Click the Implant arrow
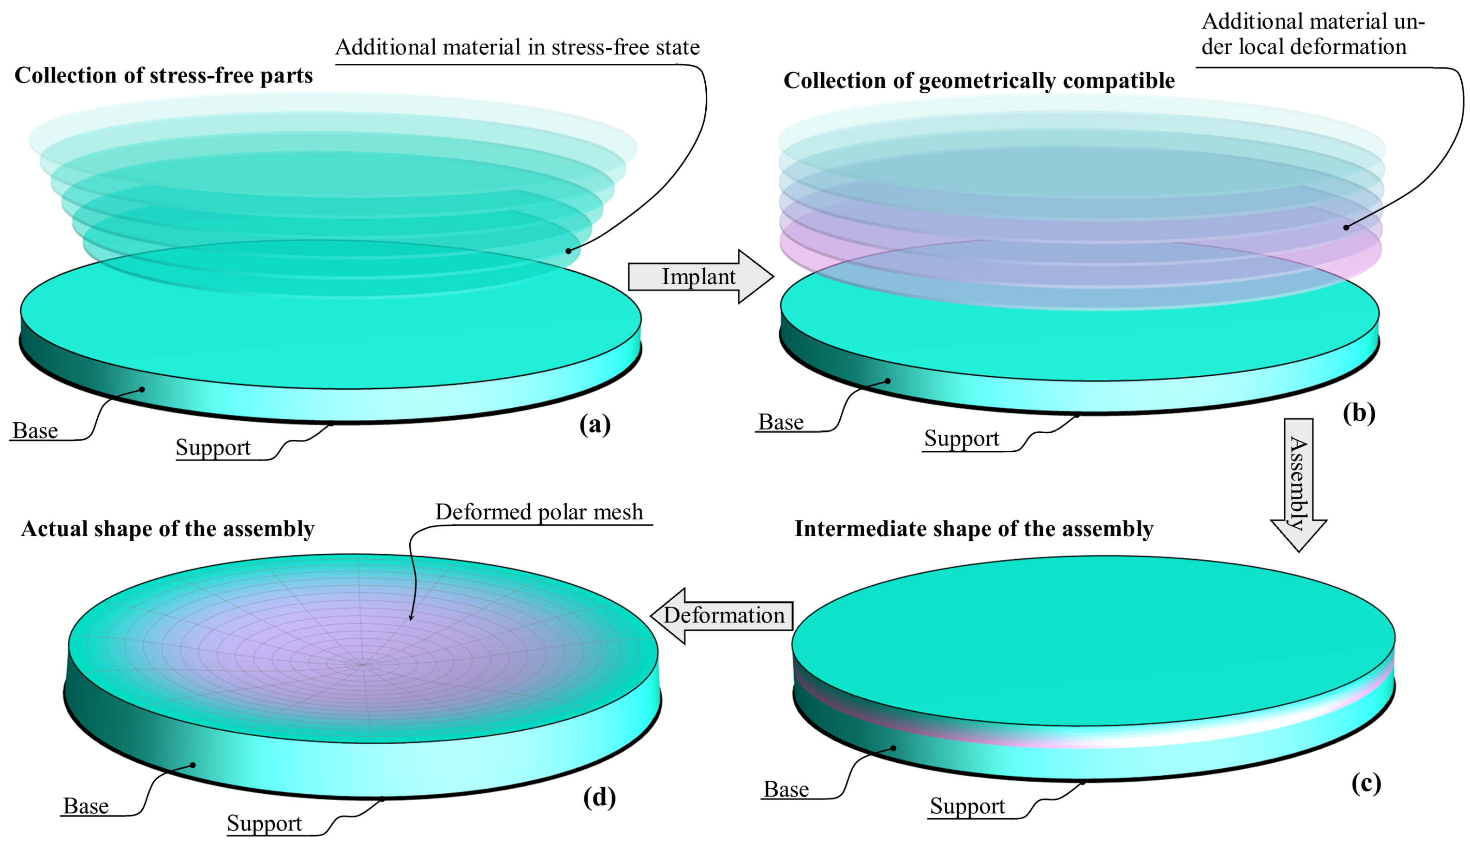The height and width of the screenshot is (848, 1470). (x=699, y=277)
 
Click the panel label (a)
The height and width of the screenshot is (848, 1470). (x=595, y=424)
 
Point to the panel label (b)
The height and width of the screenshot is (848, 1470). (x=1359, y=413)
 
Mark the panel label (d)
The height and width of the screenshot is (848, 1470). (x=599, y=797)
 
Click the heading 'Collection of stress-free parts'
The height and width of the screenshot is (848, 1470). (x=164, y=76)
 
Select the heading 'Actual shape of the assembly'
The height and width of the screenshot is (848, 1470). (x=168, y=529)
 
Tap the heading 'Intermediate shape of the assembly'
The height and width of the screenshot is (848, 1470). (x=974, y=529)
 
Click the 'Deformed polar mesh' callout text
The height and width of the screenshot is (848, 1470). (x=539, y=512)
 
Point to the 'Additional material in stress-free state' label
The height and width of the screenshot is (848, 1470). (x=517, y=47)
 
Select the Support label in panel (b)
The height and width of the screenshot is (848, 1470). (x=962, y=438)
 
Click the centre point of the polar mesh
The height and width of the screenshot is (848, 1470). (x=362, y=664)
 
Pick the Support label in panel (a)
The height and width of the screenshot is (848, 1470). (x=213, y=447)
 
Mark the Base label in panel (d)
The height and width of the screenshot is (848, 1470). (x=86, y=806)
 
